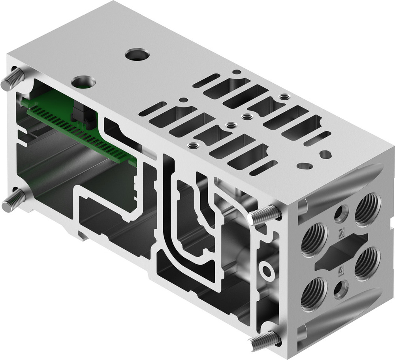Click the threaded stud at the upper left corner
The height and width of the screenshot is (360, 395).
[x=12, y=79]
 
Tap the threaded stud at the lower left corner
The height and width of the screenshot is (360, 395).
[x=13, y=200]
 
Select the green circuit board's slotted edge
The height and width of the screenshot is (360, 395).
[x=79, y=132]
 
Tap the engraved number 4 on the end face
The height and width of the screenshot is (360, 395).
[x=341, y=271]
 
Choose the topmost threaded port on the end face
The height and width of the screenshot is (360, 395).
[x=367, y=209]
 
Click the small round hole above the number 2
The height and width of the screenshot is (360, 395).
[x=341, y=214]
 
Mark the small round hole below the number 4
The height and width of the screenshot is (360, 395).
[x=340, y=290]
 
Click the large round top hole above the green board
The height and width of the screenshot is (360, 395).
[x=83, y=82]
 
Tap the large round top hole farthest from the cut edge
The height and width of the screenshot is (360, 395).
[x=137, y=54]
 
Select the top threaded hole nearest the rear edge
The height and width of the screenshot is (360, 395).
[x=283, y=97]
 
